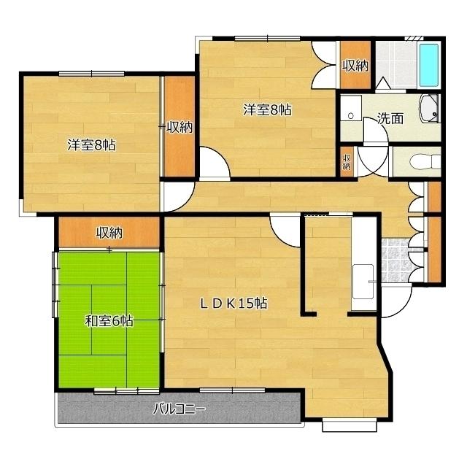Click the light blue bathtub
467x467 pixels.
(x=429, y=66)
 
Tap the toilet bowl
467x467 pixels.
(x=425, y=162)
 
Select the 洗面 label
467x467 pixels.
(x=390, y=118)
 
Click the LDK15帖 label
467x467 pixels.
(x=233, y=304)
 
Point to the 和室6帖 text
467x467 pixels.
(x=109, y=321)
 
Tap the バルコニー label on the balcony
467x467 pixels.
(x=179, y=409)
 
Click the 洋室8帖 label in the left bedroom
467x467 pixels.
(x=92, y=145)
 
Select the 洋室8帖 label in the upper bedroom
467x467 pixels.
(x=267, y=109)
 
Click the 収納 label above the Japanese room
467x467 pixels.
(x=109, y=233)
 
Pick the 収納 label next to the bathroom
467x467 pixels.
(x=355, y=66)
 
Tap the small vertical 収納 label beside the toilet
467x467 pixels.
(x=347, y=162)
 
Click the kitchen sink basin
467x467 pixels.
(x=363, y=282)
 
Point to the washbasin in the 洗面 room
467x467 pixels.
(x=430, y=109)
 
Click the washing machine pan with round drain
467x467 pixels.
(x=351, y=108)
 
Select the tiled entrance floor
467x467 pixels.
(x=395, y=260)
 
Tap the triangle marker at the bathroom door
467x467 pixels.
(x=382, y=82)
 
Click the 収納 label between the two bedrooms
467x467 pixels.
(x=179, y=128)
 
